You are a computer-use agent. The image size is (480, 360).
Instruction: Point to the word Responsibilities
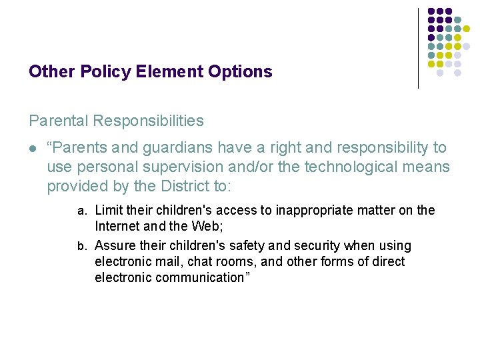click(149, 121)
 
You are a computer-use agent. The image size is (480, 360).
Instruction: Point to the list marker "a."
click(83, 211)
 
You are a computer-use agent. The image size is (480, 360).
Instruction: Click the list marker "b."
click(83, 246)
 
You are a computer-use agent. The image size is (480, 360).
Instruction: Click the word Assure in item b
click(115, 246)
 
